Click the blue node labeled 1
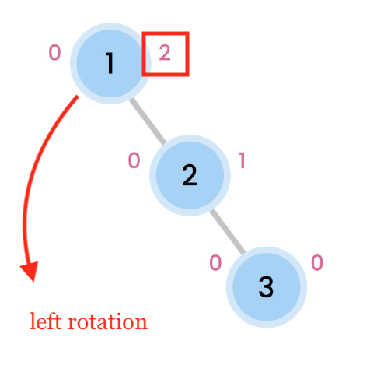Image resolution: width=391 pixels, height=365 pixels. (110, 63)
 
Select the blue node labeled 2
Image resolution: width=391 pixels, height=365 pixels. (190, 175)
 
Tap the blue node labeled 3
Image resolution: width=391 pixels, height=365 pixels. (267, 287)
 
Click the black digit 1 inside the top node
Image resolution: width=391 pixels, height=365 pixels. (110, 63)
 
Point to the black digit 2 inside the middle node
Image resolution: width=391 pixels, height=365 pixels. (190, 175)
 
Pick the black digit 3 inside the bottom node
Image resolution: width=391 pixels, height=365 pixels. (266, 287)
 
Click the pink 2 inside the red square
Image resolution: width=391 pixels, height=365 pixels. (165, 53)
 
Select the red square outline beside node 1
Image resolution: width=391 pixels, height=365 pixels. (142, 54)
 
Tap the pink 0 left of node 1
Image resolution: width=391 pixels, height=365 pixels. (55, 52)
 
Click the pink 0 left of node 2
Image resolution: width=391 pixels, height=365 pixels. (134, 160)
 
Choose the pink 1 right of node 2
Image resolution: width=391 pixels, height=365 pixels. (243, 160)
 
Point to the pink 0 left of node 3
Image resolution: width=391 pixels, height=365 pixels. (215, 262)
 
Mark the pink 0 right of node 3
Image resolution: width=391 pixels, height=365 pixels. (317, 262)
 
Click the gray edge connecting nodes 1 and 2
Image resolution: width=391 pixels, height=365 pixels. (148, 121)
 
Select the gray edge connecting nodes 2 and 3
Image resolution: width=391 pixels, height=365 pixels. (228, 231)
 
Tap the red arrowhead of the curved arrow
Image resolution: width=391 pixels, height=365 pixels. (30, 271)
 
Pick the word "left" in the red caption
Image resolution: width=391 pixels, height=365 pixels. (46, 321)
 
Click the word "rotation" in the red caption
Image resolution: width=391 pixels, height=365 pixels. (107, 322)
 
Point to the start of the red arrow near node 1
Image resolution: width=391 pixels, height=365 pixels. (78, 97)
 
